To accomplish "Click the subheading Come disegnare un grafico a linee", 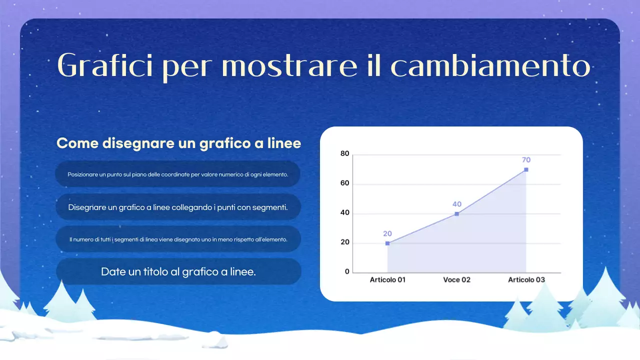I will coord(178,143).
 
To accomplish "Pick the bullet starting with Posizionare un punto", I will coord(178,174).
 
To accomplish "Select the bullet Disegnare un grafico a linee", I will coord(178,207).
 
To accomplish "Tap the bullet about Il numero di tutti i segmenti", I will coord(178,239).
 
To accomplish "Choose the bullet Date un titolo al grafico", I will coord(178,271).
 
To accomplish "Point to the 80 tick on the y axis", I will coord(344,153).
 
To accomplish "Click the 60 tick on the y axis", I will coord(344,183).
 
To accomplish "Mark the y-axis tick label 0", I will coord(347,271).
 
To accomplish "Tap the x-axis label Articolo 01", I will coord(387,280).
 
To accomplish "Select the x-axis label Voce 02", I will coord(456,280).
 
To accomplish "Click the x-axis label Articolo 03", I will coord(526,280).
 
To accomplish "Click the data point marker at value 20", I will coord(387,243).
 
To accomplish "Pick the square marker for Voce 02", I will coord(456,214).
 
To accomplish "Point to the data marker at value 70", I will coord(526,169).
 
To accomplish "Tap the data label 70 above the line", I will coord(526,160).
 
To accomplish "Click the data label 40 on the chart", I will coord(456,204).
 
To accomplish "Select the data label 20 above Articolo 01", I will coord(387,233).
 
